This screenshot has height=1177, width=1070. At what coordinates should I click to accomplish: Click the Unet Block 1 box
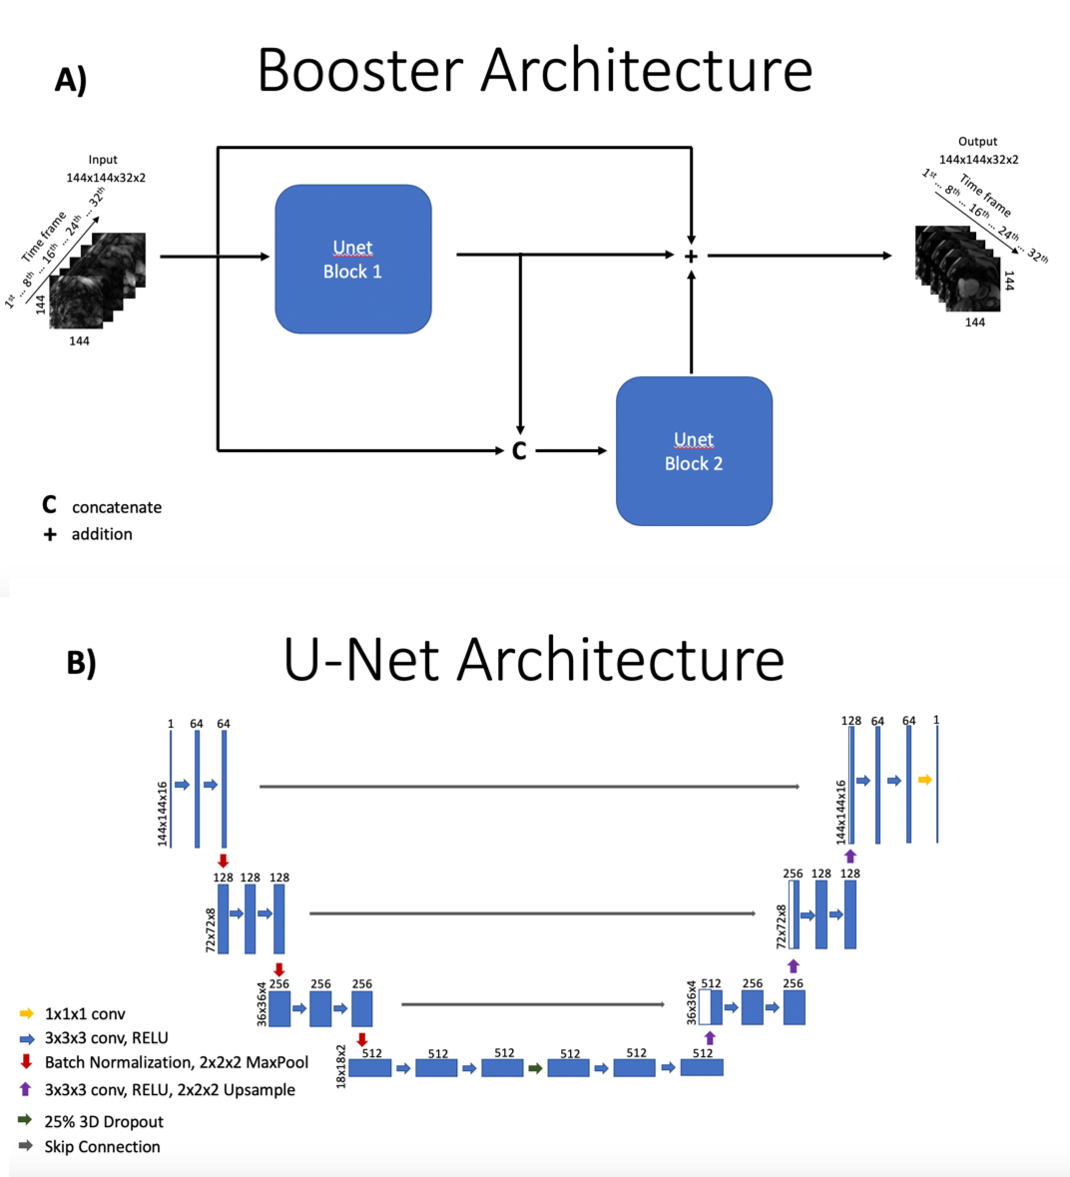pyautogui.click(x=353, y=259)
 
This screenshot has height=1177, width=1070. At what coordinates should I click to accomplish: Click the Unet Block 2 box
pyautogui.click(x=694, y=451)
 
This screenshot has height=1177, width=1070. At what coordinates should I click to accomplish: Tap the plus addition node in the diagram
pyautogui.click(x=691, y=257)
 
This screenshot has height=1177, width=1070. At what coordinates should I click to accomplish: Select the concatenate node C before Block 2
pyautogui.click(x=519, y=451)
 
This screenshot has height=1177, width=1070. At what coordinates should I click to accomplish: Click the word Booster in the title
pyautogui.click(x=360, y=71)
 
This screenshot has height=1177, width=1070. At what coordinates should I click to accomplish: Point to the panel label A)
pyautogui.click(x=71, y=80)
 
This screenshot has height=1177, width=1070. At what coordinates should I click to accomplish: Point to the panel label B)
pyautogui.click(x=81, y=663)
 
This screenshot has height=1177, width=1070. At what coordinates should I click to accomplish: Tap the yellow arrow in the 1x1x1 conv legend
pyautogui.click(x=27, y=1013)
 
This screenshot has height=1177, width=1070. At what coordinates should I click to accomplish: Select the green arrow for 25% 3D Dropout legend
pyautogui.click(x=25, y=1120)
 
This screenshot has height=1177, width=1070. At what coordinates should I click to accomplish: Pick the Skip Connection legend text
pyautogui.click(x=102, y=1147)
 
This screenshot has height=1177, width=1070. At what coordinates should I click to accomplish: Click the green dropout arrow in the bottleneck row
pyautogui.click(x=535, y=1068)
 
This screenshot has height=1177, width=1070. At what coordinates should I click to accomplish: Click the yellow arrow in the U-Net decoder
pyautogui.click(x=925, y=780)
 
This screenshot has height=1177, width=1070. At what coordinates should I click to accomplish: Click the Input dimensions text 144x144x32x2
pyautogui.click(x=106, y=178)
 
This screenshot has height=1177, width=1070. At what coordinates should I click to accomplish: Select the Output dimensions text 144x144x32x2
pyautogui.click(x=978, y=160)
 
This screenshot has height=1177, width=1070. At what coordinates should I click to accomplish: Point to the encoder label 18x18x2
pyautogui.click(x=341, y=1065)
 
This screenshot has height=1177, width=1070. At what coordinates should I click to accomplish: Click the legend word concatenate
pyautogui.click(x=117, y=507)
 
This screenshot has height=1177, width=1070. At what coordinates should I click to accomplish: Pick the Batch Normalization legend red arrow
pyautogui.click(x=27, y=1061)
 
